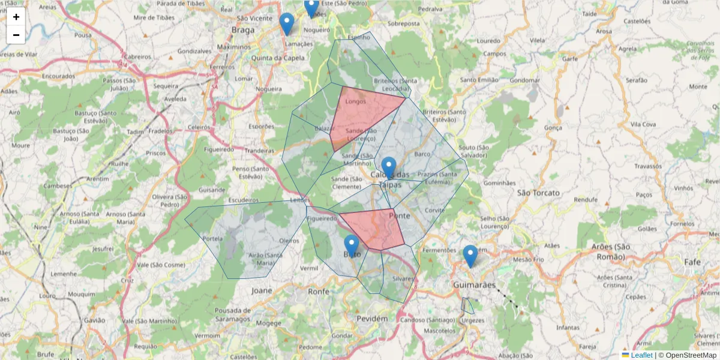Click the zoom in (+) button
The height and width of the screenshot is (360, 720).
(x=16, y=17)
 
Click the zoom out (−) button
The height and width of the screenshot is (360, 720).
(x=16, y=35)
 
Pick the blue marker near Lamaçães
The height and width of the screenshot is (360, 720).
(x=287, y=23)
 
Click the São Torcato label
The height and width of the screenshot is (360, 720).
(x=538, y=193)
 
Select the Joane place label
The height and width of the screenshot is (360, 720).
(x=262, y=290)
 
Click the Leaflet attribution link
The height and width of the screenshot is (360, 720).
(x=641, y=355)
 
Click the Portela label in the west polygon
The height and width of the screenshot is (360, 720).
(x=213, y=238)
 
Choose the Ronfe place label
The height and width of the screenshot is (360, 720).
(x=319, y=291)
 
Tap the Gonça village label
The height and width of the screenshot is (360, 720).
(x=553, y=127)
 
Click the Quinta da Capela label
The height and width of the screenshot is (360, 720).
(x=278, y=58)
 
